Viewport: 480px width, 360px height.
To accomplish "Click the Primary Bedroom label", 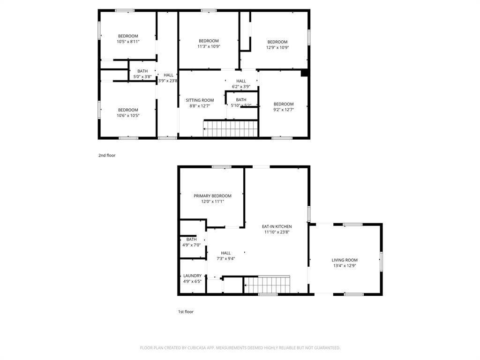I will pyautogui.click(x=212, y=196).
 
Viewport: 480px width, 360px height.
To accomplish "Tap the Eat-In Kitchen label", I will pyautogui.click(x=277, y=226).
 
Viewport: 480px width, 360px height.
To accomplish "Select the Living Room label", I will pyautogui.click(x=345, y=260).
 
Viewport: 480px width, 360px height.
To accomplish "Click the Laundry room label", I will pyautogui.click(x=192, y=276).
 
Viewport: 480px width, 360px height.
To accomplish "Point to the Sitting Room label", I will pyautogui.click(x=200, y=100).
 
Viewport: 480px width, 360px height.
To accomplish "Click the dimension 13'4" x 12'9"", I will pyautogui.click(x=345, y=266).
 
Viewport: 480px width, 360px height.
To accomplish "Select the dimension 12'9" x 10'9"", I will pyautogui.click(x=277, y=47).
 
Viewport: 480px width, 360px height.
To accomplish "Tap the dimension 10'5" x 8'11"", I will pyautogui.click(x=128, y=42).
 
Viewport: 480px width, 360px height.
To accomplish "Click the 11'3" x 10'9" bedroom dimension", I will pyautogui.click(x=209, y=46).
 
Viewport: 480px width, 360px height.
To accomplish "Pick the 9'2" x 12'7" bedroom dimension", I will pyautogui.click(x=284, y=110).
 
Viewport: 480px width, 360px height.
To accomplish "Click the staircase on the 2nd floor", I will pyautogui.click(x=231, y=128).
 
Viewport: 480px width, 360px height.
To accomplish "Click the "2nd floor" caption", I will pyautogui.click(x=107, y=156).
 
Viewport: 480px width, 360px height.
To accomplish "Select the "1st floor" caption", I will pyautogui.click(x=186, y=312).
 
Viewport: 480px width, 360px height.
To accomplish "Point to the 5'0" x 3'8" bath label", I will pyautogui.click(x=142, y=76).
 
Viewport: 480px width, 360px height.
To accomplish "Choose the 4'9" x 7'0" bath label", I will pyautogui.click(x=191, y=245).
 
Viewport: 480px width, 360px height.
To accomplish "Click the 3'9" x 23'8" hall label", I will pyautogui.click(x=168, y=81).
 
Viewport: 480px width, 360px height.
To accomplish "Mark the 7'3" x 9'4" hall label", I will pyautogui.click(x=225, y=258).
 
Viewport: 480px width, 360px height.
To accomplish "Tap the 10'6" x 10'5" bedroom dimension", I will pyautogui.click(x=128, y=115).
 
